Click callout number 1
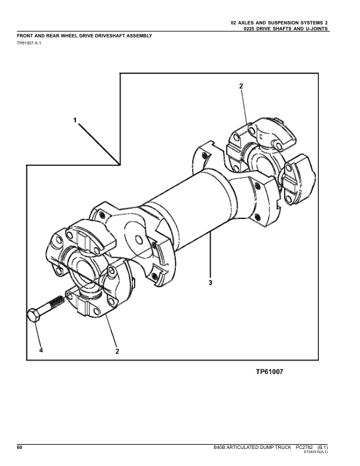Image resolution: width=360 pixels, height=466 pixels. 75,120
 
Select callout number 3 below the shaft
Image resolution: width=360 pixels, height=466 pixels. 211,282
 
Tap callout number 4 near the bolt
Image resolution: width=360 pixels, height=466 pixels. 41,350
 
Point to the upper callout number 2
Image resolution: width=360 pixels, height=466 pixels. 241,86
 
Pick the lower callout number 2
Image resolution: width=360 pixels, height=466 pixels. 117,351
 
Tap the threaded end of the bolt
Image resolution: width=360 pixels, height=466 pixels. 57,302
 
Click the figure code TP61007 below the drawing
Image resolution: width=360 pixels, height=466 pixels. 269,371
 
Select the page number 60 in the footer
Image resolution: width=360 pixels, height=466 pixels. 19,448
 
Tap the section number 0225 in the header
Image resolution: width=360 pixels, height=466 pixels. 248,29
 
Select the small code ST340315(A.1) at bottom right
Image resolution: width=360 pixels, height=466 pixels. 316,452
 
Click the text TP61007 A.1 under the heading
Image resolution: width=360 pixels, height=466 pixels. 28,43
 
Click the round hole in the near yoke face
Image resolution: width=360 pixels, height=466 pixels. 138,239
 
